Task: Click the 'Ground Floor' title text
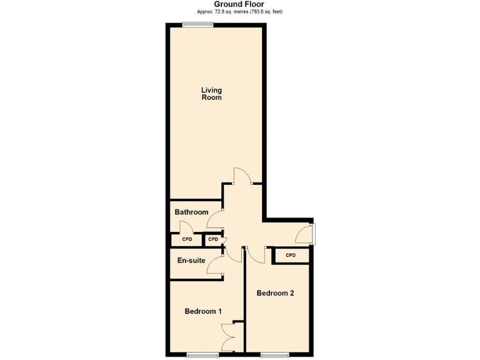click(x=239, y=4)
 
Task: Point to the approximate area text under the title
click(x=239, y=12)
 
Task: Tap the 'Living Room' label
click(x=211, y=94)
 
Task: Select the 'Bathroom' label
click(x=191, y=212)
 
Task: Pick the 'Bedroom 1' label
click(x=203, y=311)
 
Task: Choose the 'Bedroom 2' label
click(x=275, y=293)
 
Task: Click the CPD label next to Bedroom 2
click(x=290, y=256)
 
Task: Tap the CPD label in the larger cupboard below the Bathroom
click(x=187, y=239)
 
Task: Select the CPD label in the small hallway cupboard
click(x=213, y=239)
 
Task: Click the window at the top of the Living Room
click(x=197, y=24)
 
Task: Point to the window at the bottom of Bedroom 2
click(x=274, y=355)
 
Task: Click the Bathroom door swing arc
click(x=215, y=219)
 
